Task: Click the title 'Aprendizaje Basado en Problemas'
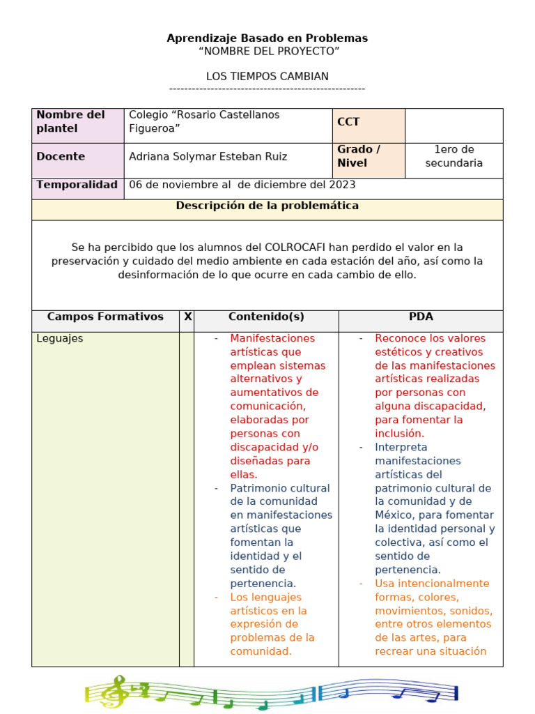(x=267, y=38)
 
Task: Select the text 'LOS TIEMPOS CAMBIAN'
(x=267, y=76)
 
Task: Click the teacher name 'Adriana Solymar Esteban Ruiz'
(x=208, y=157)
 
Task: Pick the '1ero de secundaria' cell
(x=453, y=156)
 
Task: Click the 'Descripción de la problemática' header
(x=267, y=206)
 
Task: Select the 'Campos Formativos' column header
(x=105, y=317)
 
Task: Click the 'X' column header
(x=187, y=317)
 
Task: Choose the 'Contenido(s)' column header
(x=266, y=317)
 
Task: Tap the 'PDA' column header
(x=421, y=317)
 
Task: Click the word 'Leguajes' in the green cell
(x=59, y=338)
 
